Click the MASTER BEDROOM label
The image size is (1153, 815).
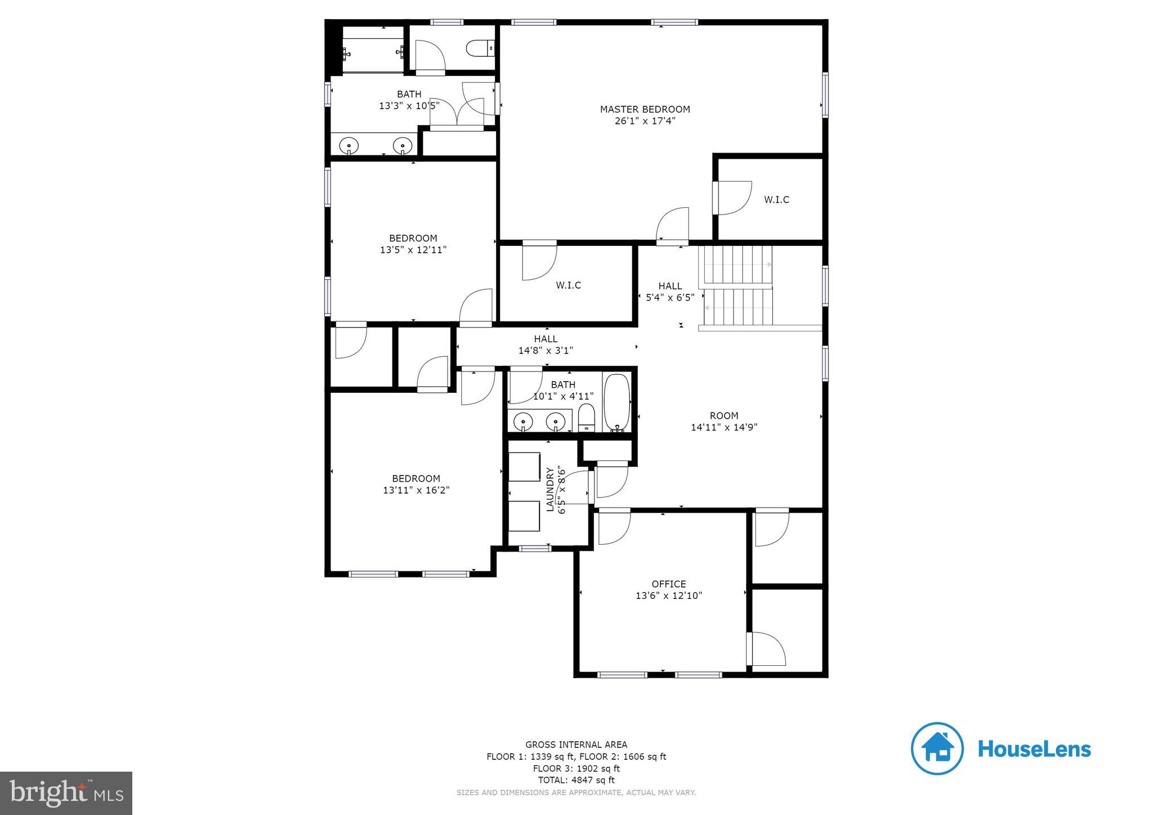point(645,109)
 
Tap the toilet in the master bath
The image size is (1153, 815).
point(480,48)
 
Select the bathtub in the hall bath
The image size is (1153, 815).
point(616,402)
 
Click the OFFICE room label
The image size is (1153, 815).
point(669,584)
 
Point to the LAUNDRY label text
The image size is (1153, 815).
point(551,489)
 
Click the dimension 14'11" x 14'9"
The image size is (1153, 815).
point(724,427)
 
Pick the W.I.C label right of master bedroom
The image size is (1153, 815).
point(776,200)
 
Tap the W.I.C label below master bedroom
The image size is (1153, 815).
point(568,285)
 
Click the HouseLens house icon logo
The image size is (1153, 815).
point(937,749)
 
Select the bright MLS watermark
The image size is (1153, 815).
point(66,793)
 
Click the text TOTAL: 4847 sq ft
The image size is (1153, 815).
point(576,780)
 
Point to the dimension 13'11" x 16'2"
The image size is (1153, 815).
point(416,490)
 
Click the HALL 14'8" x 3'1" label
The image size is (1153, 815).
point(546,344)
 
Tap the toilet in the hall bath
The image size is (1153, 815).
point(586,417)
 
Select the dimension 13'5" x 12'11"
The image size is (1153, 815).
point(413,250)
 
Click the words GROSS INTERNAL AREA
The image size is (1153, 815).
point(576,745)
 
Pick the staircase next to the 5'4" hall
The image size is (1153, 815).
point(736,287)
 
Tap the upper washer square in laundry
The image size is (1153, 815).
point(524,467)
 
